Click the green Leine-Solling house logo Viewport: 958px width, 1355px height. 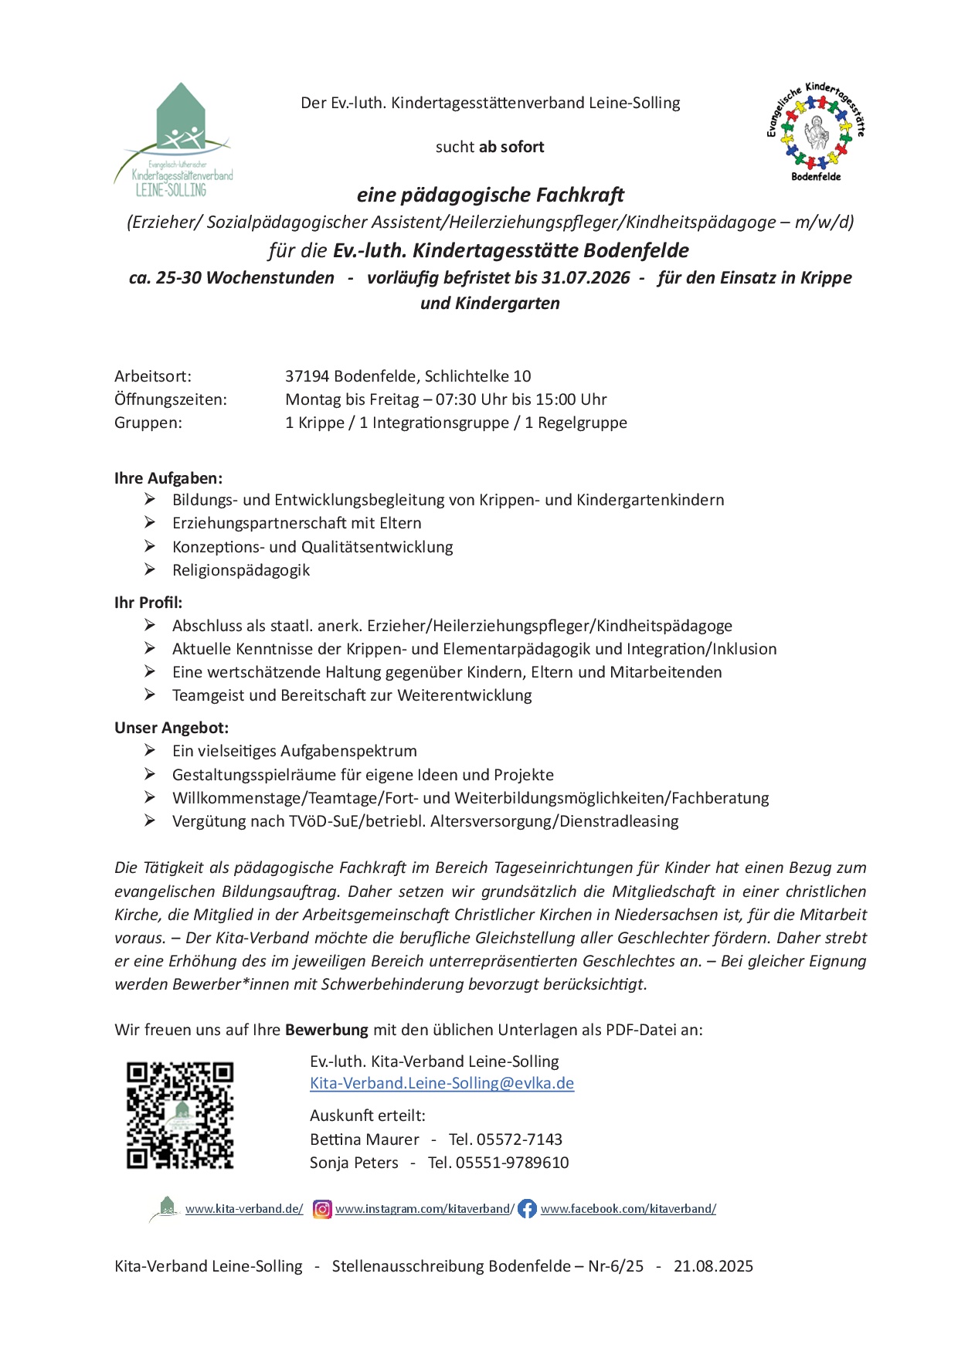pos(175,139)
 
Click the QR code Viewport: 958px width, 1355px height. pos(180,1114)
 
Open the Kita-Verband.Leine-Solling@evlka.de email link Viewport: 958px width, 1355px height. pos(442,1083)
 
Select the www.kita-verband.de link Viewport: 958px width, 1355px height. pos(244,1209)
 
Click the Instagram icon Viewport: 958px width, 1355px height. pos(322,1209)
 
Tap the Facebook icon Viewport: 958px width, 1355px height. pos(527,1209)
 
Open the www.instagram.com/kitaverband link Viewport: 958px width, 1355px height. pos(424,1209)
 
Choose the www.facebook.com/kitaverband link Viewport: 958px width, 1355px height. pos(628,1209)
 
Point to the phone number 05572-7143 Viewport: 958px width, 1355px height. pos(519,1139)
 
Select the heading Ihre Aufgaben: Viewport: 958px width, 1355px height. pos(168,478)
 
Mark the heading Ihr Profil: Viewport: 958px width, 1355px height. pos(148,603)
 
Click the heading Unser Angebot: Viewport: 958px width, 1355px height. pos(172,728)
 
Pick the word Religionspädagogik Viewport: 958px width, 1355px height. pos(241,570)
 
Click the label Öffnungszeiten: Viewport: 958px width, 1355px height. pos(171,399)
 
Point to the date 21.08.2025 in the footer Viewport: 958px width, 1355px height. pos(713,1266)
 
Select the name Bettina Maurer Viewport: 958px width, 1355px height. pos(364,1139)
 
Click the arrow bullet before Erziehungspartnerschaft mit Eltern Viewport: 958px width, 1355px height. pos(150,523)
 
